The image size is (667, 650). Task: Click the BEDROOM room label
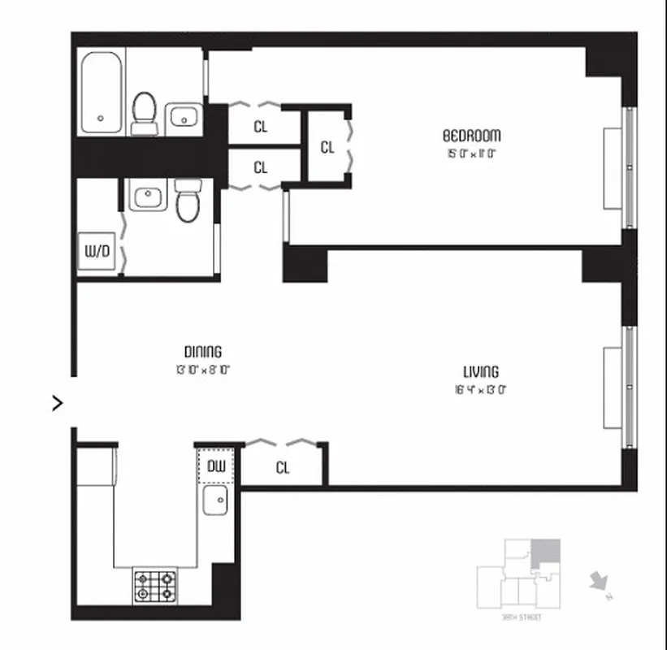(471, 135)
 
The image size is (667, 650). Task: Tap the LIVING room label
(481, 371)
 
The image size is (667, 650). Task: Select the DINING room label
(202, 351)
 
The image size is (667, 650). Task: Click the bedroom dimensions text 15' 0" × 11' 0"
(471, 152)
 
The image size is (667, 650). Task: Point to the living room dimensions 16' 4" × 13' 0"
(481, 388)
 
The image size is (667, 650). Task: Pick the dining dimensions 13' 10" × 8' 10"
(202, 368)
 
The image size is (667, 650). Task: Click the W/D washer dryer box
(97, 251)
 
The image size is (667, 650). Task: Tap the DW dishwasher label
(215, 466)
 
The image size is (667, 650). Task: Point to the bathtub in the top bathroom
(101, 93)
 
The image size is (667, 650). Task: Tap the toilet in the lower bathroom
(188, 201)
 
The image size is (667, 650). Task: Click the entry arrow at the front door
(58, 402)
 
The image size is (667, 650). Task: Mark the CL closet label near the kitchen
(283, 468)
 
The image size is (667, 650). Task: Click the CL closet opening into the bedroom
(327, 147)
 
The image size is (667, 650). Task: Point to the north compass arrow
(599, 582)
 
